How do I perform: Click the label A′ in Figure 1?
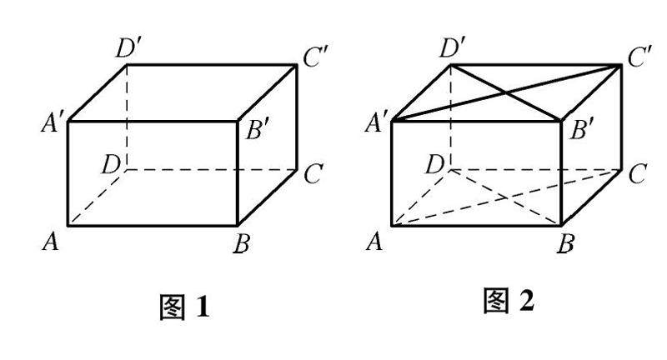click(49, 125)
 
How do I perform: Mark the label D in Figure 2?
click(434, 164)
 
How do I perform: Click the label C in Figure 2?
click(638, 174)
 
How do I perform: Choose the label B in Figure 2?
click(567, 244)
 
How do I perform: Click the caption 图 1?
click(183, 309)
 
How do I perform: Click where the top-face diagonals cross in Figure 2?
click(507, 92)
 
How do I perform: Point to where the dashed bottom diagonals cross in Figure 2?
click(507, 197)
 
